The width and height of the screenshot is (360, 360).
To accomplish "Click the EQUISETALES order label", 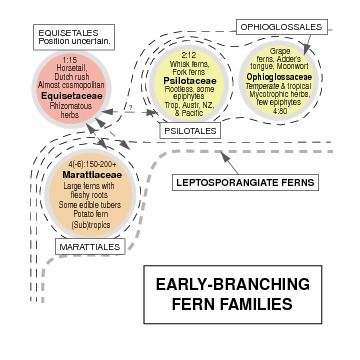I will (63, 31).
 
